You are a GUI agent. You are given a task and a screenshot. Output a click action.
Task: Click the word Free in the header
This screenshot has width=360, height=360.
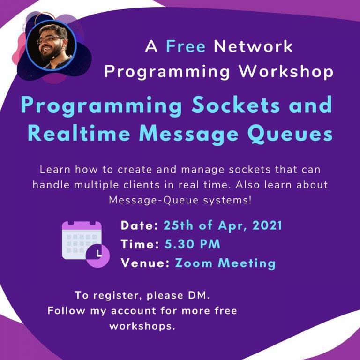coord(186,46)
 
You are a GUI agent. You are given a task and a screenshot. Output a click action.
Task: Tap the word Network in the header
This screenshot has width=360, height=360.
coord(253,46)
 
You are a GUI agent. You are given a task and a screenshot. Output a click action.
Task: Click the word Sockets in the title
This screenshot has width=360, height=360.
coord(236,105)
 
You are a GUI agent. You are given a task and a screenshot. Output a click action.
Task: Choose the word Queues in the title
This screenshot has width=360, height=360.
coord(290,135)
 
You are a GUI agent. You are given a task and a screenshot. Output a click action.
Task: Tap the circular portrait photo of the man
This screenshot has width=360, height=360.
coord(51,45)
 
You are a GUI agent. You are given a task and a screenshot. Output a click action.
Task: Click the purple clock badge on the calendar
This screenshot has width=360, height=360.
coord(98,256)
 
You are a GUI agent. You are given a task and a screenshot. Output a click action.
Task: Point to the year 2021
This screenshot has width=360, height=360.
coord(267,225)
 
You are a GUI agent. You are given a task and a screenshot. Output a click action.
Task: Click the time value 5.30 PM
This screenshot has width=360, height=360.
coord(192,244)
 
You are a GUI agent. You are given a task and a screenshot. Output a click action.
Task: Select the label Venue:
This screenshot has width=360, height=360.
coord(145,262)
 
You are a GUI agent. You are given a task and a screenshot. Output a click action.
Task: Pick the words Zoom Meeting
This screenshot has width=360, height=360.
coord(225,263)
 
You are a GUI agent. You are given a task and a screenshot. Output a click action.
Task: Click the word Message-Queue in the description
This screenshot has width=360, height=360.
coord(154,200)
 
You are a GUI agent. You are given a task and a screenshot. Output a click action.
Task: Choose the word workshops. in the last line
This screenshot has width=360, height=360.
coord(142,326)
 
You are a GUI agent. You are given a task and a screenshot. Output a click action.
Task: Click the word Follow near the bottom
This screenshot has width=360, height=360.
coord(67,311)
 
